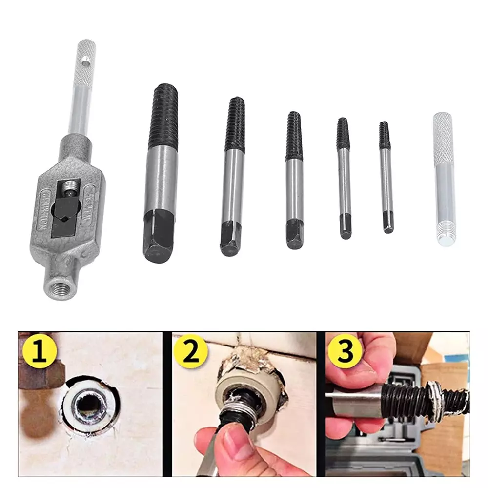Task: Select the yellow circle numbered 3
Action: (345, 352)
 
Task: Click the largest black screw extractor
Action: (160, 171)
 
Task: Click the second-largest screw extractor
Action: (233, 176)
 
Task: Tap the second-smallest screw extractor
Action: (344, 178)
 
